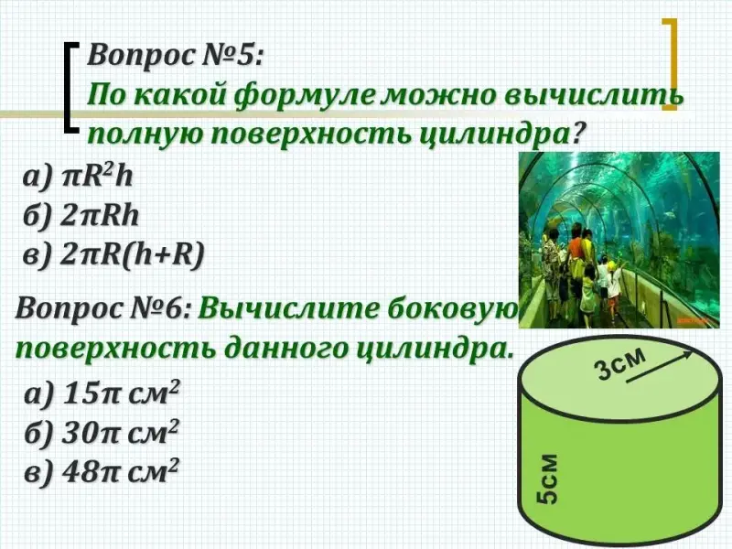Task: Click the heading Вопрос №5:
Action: click(176, 57)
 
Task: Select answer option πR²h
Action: click(78, 178)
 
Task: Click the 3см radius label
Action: click(620, 364)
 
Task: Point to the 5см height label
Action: click(546, 479)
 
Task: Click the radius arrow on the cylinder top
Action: click(660, 367)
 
